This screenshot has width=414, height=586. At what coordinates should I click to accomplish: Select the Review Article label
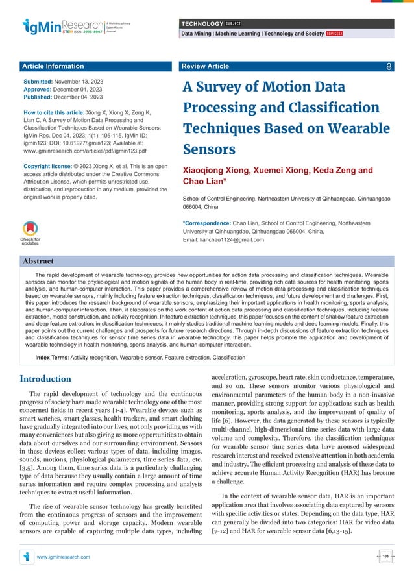click(205, 66)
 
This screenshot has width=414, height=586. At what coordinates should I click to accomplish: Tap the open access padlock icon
click(388, 66)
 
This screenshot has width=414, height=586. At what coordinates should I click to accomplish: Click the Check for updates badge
click(30, 233)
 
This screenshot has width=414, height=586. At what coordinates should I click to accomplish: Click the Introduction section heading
click(45, 378)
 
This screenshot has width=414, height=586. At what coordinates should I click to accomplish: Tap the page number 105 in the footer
click(385, 557)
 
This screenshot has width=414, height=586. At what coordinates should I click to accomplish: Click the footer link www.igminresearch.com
click(64, 557)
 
